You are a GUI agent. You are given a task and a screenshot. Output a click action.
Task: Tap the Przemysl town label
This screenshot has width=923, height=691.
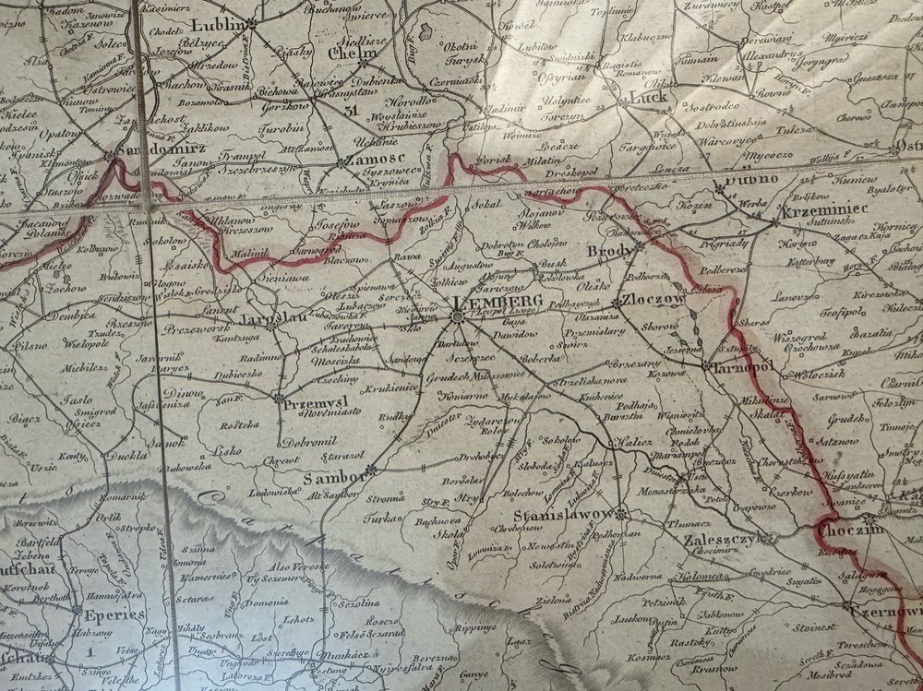(315, 402)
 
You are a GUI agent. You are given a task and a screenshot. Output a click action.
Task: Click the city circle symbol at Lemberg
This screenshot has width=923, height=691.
(457, 317)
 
